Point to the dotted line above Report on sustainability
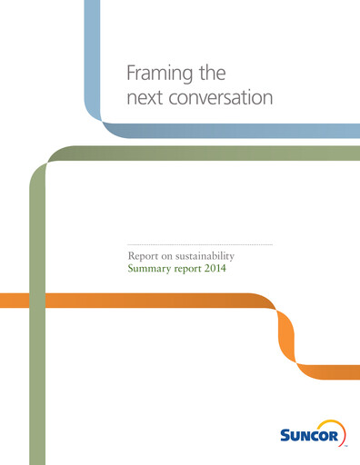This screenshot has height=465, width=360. (199, 245)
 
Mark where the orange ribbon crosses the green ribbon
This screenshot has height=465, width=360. (38, 301)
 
